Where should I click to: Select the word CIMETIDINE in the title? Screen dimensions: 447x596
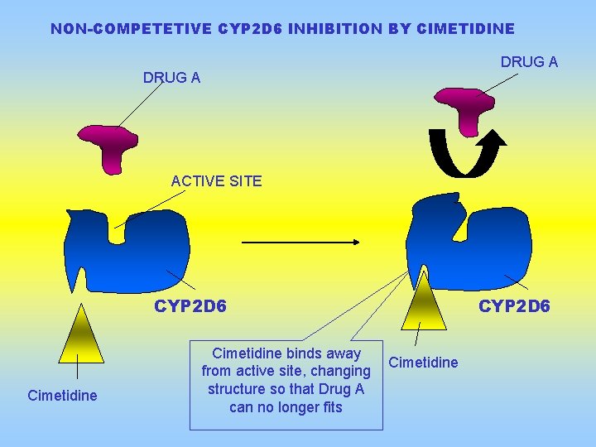[x=467, y=29]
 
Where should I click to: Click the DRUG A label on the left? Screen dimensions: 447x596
[x=171, y=79]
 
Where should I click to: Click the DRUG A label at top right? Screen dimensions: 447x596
[x=529, y=62]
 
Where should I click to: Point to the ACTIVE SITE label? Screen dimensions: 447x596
[x=216, y=180]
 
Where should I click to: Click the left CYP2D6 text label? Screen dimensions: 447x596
[x=190, y=307]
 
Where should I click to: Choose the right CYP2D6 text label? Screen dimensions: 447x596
[x=514, y=307]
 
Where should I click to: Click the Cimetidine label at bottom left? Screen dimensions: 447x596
[x=62, y=396]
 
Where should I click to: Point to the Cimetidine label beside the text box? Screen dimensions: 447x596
[x=423, y=363]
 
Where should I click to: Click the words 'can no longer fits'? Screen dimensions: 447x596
[x=286, y=407]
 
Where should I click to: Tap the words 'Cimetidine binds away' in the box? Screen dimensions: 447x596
[x=286, y=353]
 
